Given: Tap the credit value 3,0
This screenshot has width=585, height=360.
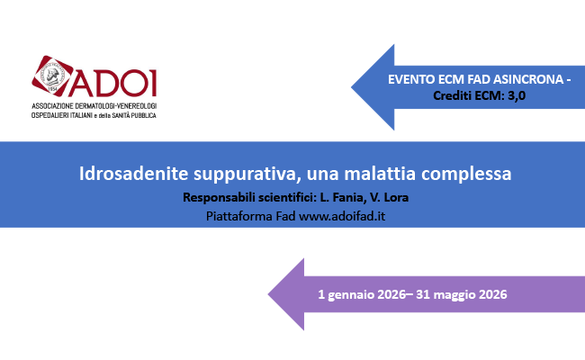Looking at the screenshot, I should [x=515, y=95].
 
